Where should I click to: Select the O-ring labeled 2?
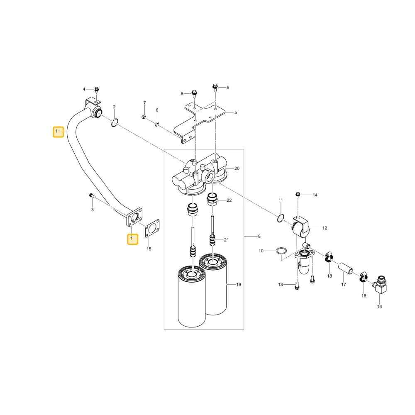pos(115,122)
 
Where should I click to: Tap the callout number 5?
pos(236,112)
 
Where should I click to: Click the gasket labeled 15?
pos(152,228)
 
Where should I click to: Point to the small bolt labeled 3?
pos(91,195)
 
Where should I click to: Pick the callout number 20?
pos(237,168)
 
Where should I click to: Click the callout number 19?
pos(239,285)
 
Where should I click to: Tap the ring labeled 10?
pos(281,250)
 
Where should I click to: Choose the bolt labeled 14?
pos(298,195)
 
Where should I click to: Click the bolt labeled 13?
pos(297,286)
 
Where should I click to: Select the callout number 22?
pos(229,200)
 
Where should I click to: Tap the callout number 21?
pos(226,240)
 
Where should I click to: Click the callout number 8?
pos(259,236)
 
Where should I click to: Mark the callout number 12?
pos(325,228)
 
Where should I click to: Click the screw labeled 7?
pos(144,117)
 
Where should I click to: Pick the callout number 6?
pos(157,110)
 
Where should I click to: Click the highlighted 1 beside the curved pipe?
pos(58,132)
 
